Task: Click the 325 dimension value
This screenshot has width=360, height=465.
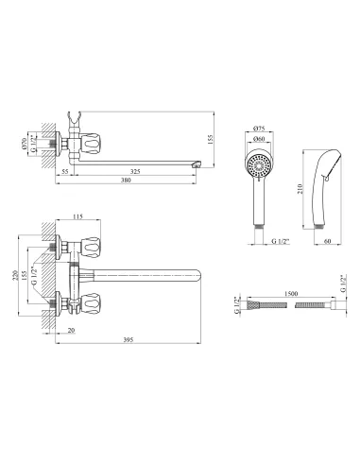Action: coord(135,172)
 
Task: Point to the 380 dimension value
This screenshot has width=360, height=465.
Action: coord(126,181)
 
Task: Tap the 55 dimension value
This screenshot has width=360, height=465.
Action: coord(65,172)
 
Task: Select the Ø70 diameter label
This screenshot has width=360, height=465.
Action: coord(24,144)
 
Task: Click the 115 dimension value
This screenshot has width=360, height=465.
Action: coord(77,216)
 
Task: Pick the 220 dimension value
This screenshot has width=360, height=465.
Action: coord(14,276)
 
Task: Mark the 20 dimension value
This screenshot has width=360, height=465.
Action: coord(72,330)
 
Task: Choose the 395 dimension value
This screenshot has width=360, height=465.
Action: coord(129,339)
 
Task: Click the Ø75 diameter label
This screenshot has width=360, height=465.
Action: coord(259,129)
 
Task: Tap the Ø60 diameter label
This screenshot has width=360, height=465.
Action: coord(259,139)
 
